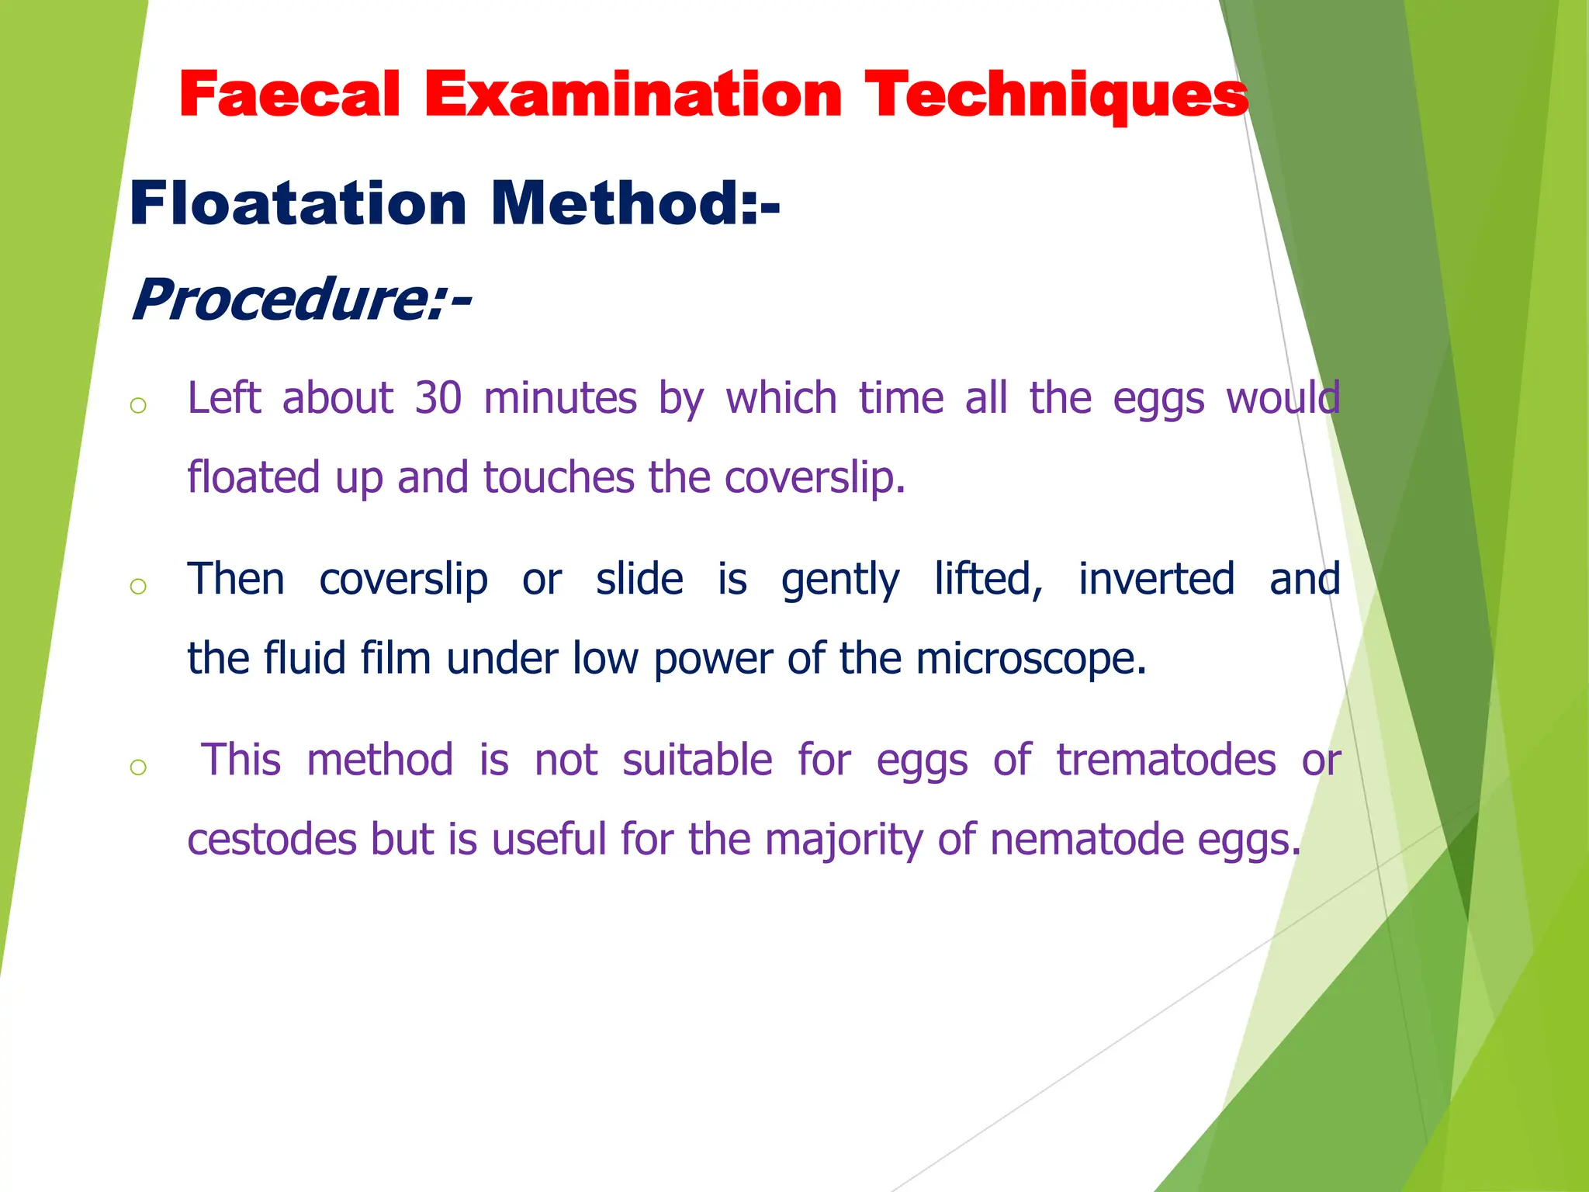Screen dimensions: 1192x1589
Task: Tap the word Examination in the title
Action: tap(633, 95)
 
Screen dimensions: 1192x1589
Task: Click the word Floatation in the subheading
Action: tap(298, 203)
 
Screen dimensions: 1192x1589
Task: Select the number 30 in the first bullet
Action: tap(438, 398)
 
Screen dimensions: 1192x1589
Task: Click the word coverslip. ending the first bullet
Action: tap(815, 477)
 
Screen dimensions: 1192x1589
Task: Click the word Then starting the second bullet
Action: tap(236, 579)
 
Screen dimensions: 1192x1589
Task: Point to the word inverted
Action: tap(1156, 579)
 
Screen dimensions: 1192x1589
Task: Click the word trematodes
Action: tap(1165, 760)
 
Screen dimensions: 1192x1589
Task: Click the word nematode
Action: tap(1087, 840)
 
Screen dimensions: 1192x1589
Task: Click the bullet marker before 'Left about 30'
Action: tap(138, 405)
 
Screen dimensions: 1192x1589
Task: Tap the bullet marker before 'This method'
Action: tap(138, 768)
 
